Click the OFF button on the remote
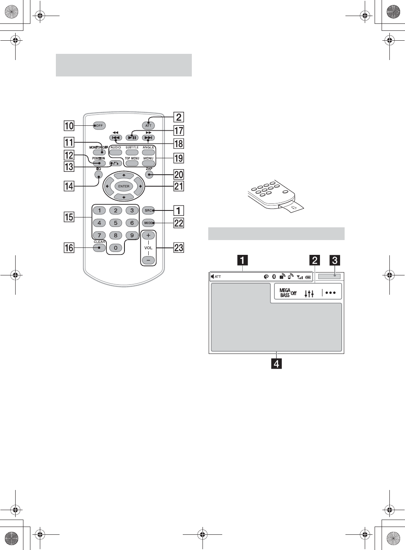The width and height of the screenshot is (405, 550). tap(99, 126)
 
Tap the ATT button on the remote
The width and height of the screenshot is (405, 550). tap(148, 125)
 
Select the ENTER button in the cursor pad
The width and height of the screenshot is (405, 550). tap(124, 186)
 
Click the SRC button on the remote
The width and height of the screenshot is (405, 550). tap(148, 210)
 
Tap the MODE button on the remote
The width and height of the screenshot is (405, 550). tap(148, 223)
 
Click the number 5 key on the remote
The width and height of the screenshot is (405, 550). tap(115, 223)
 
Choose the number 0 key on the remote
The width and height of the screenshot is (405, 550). tap(115, 247)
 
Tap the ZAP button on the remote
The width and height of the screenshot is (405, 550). tap(149, 174)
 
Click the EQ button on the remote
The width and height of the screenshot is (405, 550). tap(99, 175)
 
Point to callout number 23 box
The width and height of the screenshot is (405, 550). tap(179, 247)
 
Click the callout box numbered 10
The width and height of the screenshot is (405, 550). tap(69, 126)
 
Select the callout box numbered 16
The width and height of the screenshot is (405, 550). tap(69, 247)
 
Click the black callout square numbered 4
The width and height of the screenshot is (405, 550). tap(277, 364)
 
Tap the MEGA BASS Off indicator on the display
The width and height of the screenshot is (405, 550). tap(288, 293)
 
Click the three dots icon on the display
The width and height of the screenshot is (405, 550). tap(331, 293)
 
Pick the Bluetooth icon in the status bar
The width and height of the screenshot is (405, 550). tap(274, 277)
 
